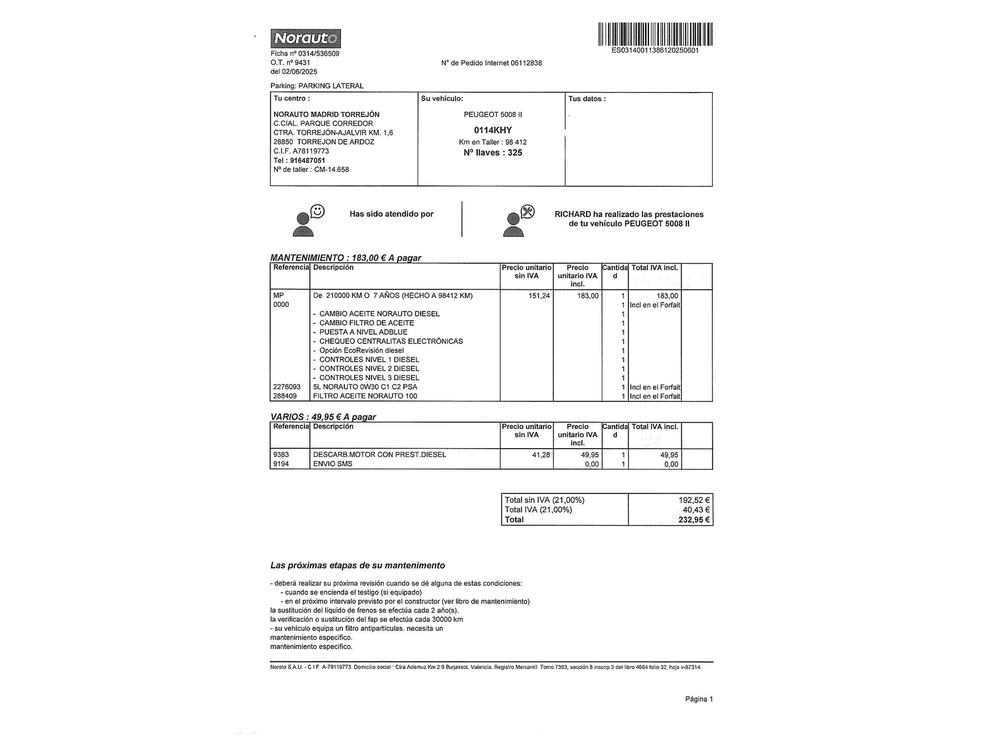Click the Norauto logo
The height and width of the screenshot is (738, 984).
[x=305, y=38]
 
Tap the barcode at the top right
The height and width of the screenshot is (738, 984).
[x=655, y=34]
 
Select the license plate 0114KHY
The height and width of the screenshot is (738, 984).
[x=492, y=130]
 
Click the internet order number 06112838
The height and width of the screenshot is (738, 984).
[x=526, y=63]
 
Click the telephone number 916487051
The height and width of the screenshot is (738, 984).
[x=307, y=160]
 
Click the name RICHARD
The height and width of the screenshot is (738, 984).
[x=572, y=215]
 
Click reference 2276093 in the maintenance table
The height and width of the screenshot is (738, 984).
[x=287, y=387]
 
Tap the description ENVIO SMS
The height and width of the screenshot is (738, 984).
[x=333, y=464]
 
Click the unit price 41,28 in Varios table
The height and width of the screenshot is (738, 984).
[x=541, y=455]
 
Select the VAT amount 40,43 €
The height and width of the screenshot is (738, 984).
[x=696, y=510]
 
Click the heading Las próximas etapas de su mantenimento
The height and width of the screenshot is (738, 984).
[x=357, y=566]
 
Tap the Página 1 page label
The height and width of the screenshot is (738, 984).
[x=699, y=699]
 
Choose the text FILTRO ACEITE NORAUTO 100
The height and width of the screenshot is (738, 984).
[x=365, y=396]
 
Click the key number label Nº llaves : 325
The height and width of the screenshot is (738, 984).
[x=492, y=153]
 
